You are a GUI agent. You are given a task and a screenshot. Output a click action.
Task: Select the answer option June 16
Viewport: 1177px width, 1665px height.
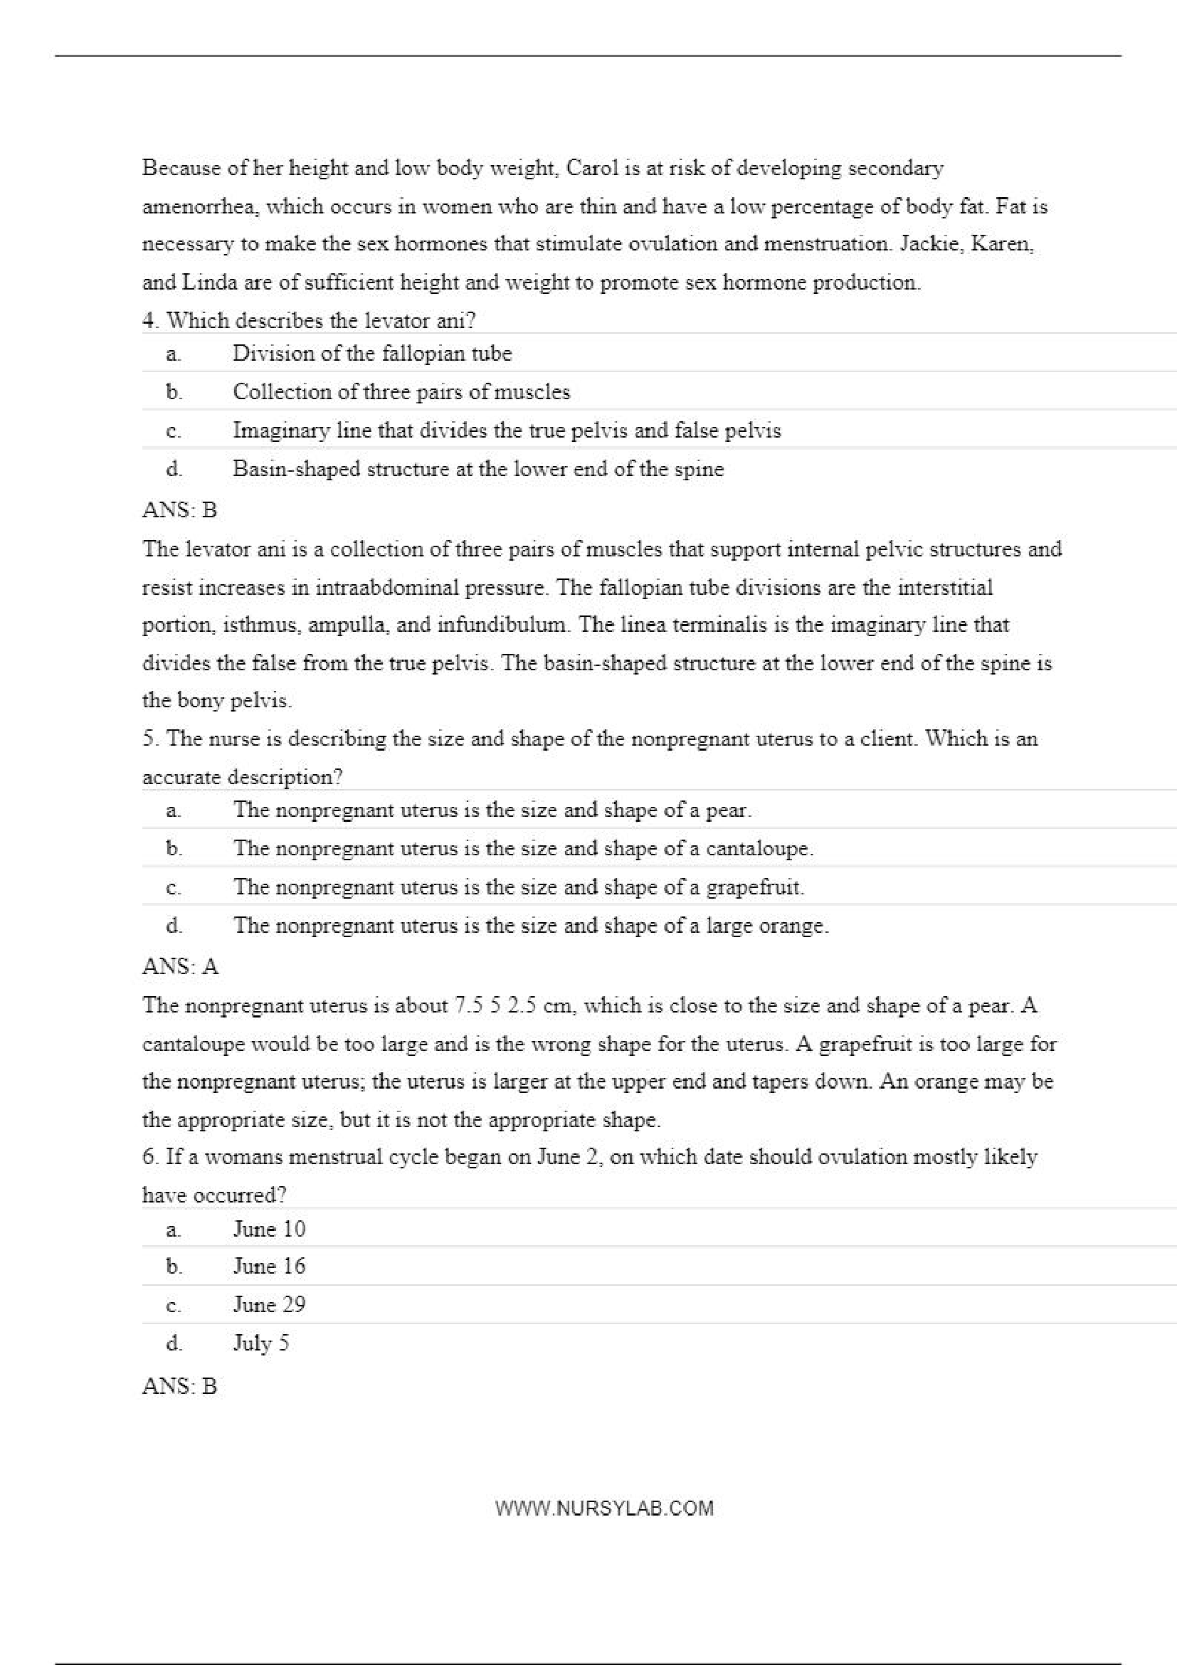click(x=269, y=1265)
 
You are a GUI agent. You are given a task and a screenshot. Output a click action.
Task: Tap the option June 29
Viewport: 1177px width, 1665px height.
click(x=269, y=1304)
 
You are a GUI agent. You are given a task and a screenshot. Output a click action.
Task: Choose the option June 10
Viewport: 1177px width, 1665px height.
click(x=269, y=1227)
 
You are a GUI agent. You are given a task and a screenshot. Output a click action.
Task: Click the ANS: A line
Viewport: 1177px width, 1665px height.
click(x=180, y=967)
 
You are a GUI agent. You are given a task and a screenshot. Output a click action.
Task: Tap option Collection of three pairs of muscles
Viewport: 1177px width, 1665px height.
click(x=401, y=391)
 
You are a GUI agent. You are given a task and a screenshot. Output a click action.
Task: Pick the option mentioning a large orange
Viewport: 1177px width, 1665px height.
click(x=530, y=925)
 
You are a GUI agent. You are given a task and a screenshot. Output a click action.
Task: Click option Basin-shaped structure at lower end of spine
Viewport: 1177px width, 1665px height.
click(x=478, y=468)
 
